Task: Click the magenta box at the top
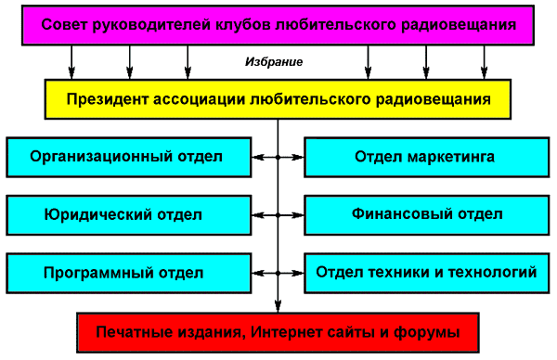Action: [x=278, y=25]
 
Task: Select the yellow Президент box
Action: [x=278, y=99]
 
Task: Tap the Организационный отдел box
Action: [x=129, y=157]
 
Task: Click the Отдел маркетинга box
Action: [x=427, y=157]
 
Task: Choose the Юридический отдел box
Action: [x=129, y=215]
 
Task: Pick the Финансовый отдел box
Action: [x=427, y=215]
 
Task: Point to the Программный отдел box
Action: [x=129, y=273]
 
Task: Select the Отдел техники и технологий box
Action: [x=427, y=273]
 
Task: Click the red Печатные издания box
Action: [x=278, y=333]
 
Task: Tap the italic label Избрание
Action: [x=274, y=62]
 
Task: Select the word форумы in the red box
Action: [x=427, y=333]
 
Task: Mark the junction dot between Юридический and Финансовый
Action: [x=278, y=215]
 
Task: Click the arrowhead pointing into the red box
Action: [x=278, y=306]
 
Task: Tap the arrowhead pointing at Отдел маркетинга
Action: [x=297, y=157]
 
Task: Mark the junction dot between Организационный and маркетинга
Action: [x=278, y=157]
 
